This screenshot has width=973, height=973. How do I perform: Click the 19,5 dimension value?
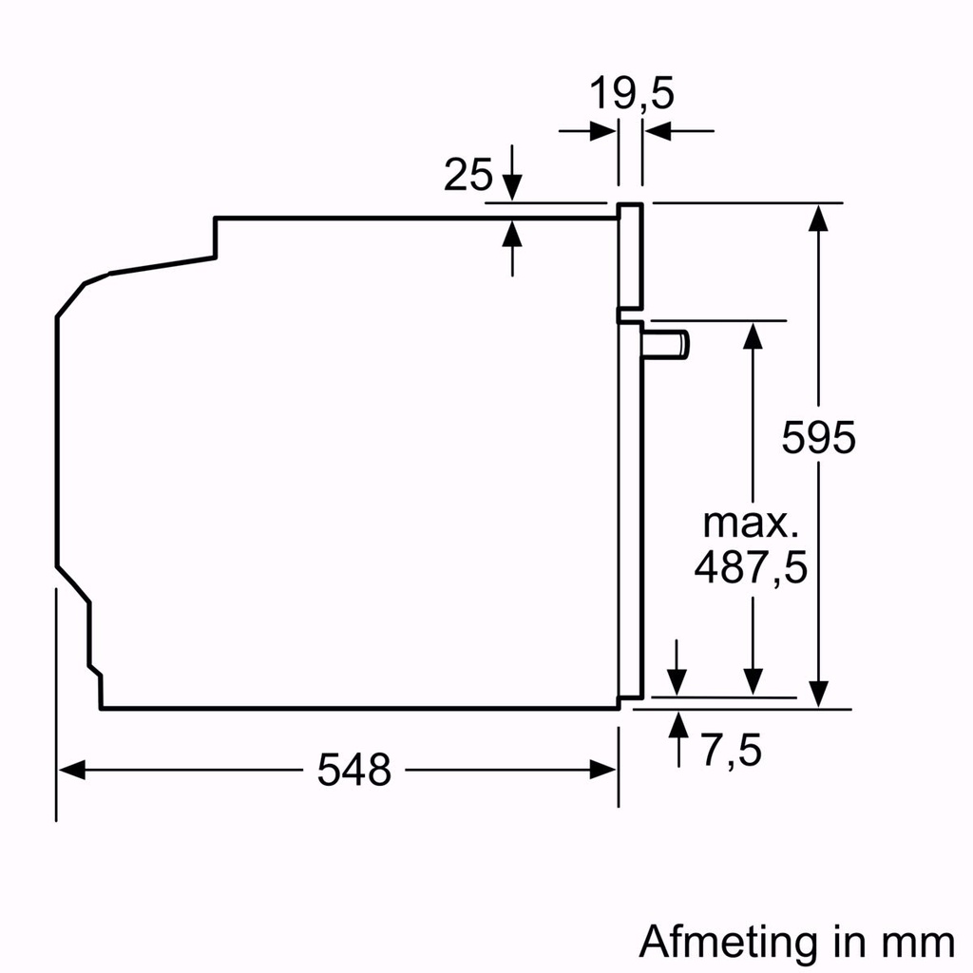click(x=631, y=95)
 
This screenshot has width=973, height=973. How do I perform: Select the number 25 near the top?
click(x=468, y=176)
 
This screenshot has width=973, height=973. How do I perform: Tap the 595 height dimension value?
click(x=819, y=437)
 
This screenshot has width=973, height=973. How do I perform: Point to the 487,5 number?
click(x=751, y=568)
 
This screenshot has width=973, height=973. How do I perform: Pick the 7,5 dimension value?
click(x=733, y=752)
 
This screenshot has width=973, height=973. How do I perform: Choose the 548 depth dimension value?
click(x=354, y=770)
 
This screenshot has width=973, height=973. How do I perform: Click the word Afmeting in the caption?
click(x=727, y=942)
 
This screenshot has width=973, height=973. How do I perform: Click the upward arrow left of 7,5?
click(x=677, y=724)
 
